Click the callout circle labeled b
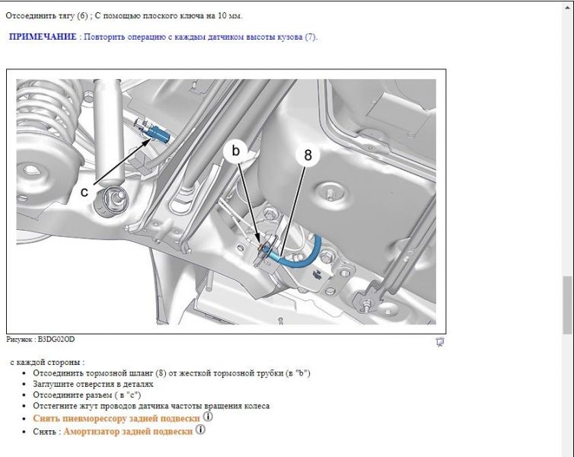[x=235, y=151]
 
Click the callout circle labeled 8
[x=308, y=155]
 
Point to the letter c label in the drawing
[x=85, y=192]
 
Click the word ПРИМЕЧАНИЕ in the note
[x=43, y=37]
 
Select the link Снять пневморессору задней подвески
[x=116, y=418]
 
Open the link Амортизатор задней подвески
[x=128, y=431]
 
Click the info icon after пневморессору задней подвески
[x=208, y=417]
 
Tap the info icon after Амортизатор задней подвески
[x=200, y=430]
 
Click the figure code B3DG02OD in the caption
[x=56, y=339]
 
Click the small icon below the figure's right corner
[x=440, y=342]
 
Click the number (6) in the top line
[x=82, y=16]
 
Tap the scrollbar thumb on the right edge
[x=567, y=305]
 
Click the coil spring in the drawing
[x=48, y=110]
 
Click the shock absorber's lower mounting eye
[x=111, y=200]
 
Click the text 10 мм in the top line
[x=230, y=16]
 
